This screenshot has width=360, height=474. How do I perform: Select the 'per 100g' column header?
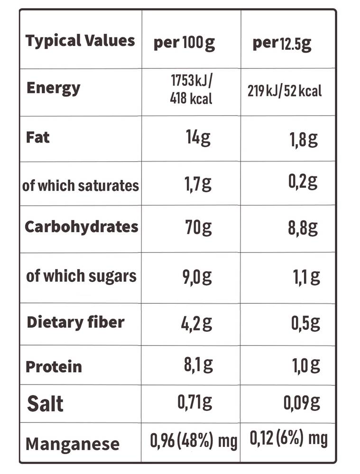point(184,43)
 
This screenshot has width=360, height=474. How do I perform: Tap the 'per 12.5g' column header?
point(282,44)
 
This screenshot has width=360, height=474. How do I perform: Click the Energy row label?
point(54,89)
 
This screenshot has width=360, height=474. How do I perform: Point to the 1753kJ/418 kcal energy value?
point(191,89)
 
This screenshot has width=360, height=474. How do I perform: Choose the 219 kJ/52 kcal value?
point(285,91)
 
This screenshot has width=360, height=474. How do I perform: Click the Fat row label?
point(38,137)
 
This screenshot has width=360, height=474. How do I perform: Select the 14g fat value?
point(198,138)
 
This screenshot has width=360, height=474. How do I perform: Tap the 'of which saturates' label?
point(81,185)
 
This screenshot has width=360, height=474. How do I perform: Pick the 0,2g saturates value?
point(303,182)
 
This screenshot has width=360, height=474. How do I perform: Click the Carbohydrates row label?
point(82,227)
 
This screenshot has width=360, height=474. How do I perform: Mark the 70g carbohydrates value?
point(198,228)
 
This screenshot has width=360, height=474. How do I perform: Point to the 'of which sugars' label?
point(82,276)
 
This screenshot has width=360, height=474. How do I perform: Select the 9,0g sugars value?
point(197,277)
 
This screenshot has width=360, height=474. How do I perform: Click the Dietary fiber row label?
point(75,322)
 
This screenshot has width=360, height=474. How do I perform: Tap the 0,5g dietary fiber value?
point(305,323)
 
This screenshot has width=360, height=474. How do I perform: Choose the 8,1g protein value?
point(198,365)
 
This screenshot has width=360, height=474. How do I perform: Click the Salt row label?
point(45,404)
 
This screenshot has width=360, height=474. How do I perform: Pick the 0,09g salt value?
point(302,403)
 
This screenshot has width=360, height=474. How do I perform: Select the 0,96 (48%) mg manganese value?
point(194,441)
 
